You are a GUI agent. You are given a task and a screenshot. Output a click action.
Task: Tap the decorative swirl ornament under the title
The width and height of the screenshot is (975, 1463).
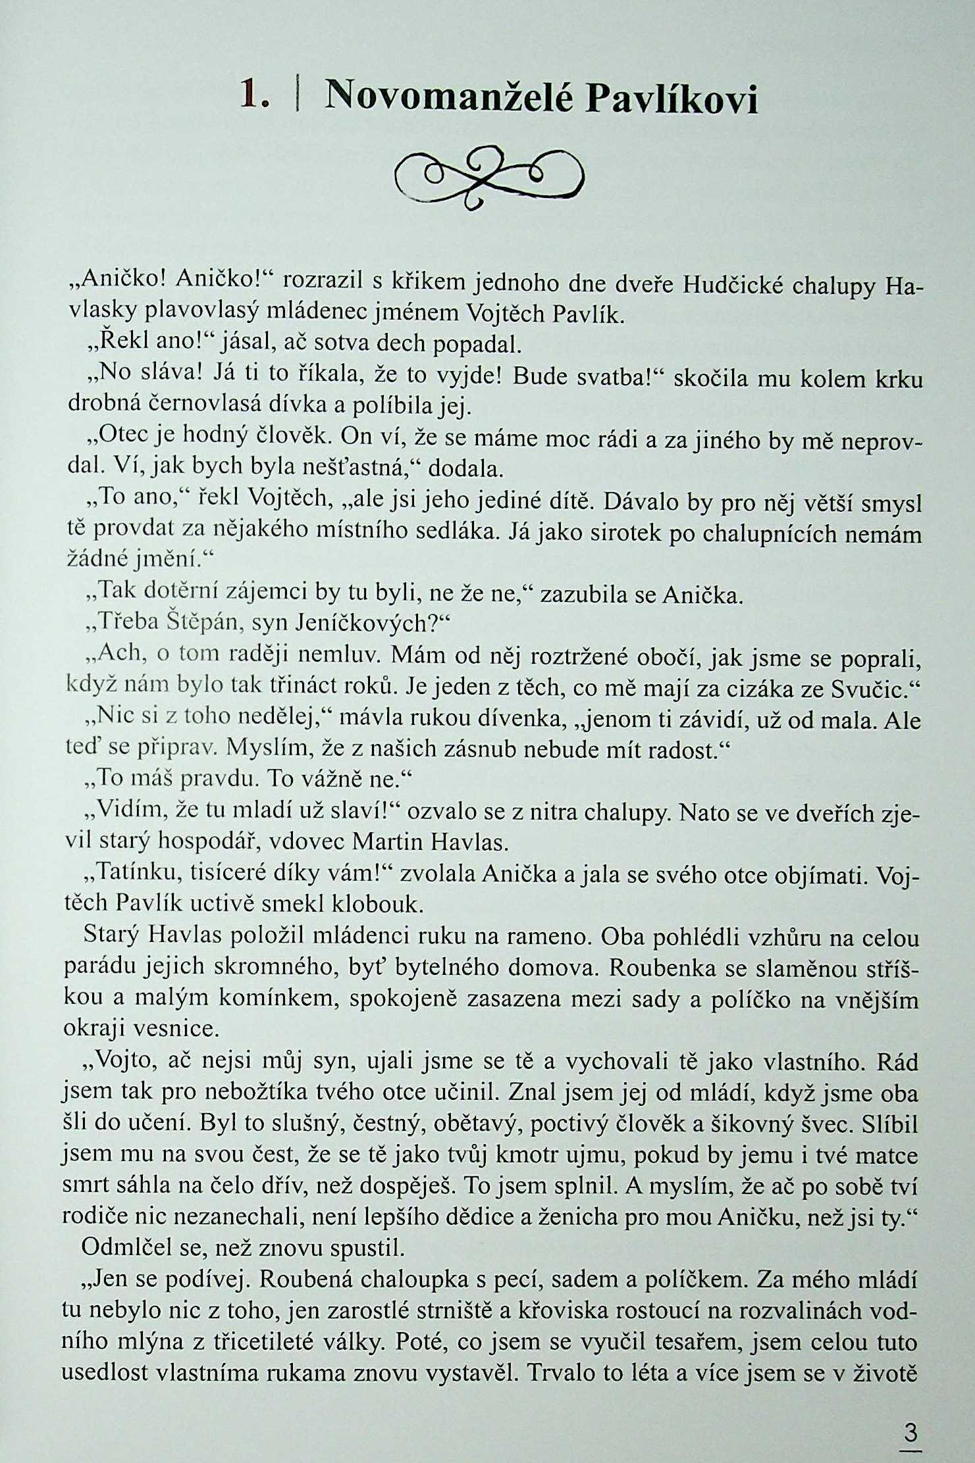(x=488, y=178)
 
